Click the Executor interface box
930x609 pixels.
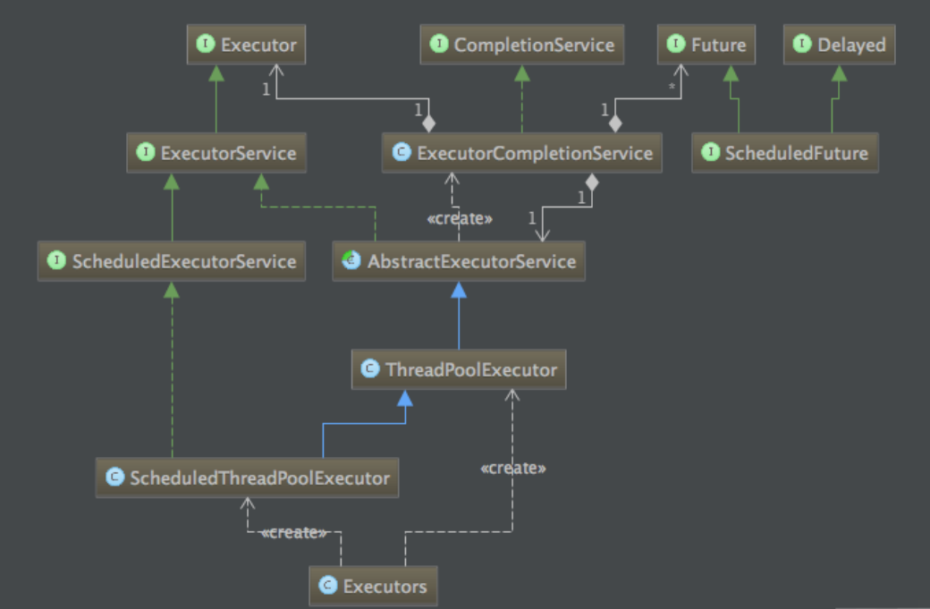(x=247, y=45)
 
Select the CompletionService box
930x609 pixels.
(x=522, y=45)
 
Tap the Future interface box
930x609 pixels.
(x=706, y=45)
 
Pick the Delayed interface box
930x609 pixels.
(x=839, y=45)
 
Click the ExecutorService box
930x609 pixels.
(x=217, y=153)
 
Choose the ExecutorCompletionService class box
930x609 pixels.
(x=522, y=153)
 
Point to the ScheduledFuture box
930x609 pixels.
(x=785, y=153)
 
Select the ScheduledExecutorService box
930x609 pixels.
(x=173, y=262)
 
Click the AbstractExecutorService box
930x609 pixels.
(x=459, y=262)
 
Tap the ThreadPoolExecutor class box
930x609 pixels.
(x=459, y=369)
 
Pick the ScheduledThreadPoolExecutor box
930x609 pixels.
(x=247, y=478)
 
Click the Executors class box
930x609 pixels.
(x=374, y=587)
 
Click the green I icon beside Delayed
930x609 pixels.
(x=802, y=45)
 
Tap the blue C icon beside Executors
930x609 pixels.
(x=328, y=587)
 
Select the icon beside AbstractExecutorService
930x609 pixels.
(x=351, y=262)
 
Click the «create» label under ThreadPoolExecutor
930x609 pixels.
(x=512, y=468)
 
